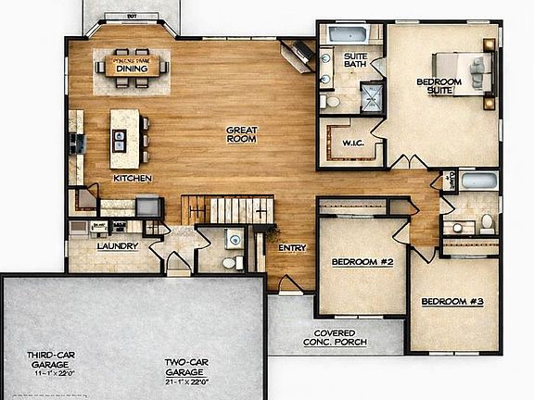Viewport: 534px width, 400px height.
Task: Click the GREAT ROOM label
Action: click(x=241, y=134)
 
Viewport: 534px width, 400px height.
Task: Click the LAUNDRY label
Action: click(x=118, y=246)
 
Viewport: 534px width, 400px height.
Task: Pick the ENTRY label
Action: click(x=293, y=248)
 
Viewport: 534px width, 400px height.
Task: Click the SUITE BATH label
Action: click(x=356, y=60)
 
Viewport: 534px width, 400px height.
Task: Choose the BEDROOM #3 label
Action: click(x=451, y=302)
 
